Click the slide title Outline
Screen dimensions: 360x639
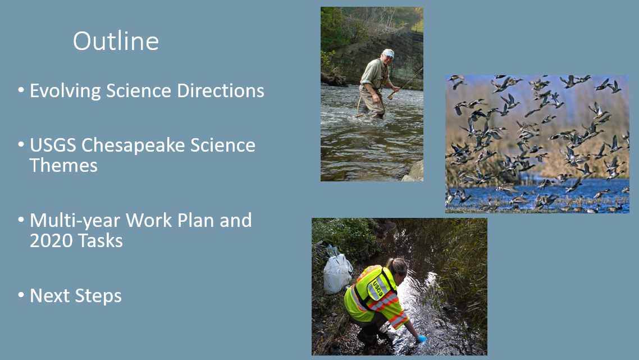click(x=116, y=42)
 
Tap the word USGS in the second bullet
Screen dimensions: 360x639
click(x=53, y=145)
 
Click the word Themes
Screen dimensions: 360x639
click(x=63, y=166)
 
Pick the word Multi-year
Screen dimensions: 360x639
click(x=75, y=221)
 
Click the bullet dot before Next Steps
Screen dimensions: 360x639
click(x=21, y=295)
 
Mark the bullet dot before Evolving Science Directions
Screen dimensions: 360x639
click(x=21, y=90)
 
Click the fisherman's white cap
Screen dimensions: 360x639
click(x=387, y=53)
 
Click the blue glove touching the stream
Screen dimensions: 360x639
click(x=421, y=339)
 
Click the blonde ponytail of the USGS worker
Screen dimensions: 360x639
click(x=392, y=266)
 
